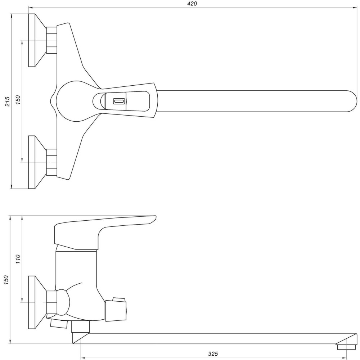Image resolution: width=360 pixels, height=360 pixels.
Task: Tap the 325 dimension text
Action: coord(213,354)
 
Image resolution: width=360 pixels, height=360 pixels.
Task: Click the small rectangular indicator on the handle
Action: coord(119,102)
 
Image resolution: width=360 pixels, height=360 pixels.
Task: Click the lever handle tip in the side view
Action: coord(153,219)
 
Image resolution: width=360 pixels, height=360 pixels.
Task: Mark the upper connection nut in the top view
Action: coord(51,40)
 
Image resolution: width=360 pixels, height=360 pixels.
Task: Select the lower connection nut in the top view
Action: coord(51,162)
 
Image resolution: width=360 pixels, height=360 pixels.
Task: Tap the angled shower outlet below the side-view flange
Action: coord(58,323)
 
